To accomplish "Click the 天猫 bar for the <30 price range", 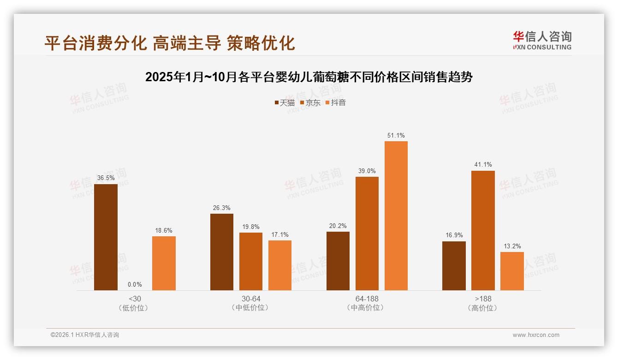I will [106, 237].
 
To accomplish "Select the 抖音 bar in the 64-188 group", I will [396, 216].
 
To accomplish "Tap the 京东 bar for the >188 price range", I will [483, 230].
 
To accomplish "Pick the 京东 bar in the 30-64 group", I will [251, 261].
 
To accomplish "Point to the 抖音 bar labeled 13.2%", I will [512, 271].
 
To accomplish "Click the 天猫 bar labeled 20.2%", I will [338, 261].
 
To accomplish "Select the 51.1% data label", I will [396, 136].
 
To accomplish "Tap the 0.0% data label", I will [135, 285].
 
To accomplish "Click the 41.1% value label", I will [483, 165].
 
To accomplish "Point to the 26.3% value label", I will [222, 208].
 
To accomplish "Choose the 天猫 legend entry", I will [285, 102].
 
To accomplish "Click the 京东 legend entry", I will [310, 102].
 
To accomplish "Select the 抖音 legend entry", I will [336, 102].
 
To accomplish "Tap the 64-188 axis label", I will [367, 299].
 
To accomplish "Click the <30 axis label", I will [135, 299].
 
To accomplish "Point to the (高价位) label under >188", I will [483, 308].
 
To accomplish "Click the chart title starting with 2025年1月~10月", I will [309, 77].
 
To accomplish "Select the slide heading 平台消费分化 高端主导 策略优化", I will [170, 43].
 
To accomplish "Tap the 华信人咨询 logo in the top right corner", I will [542, 40].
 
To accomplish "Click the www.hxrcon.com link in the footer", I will [536, 335].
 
